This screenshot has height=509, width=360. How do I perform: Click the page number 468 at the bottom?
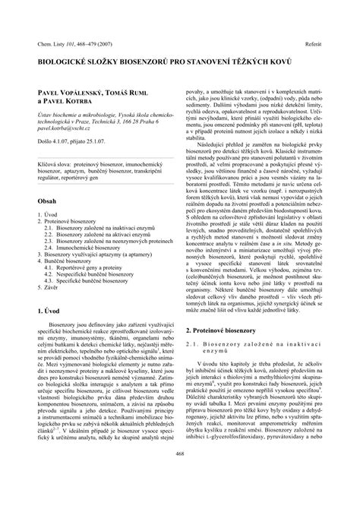point(180,476)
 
